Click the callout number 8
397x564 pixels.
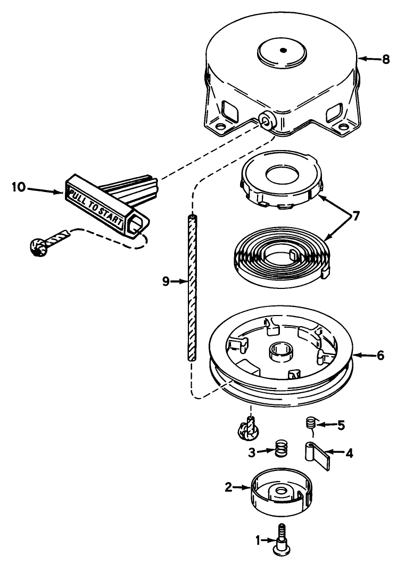tap(386, 60)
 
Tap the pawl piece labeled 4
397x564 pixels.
tap(316, 455)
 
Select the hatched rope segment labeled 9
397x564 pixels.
tap(192, 287)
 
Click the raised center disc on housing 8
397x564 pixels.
tap(283, 51)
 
